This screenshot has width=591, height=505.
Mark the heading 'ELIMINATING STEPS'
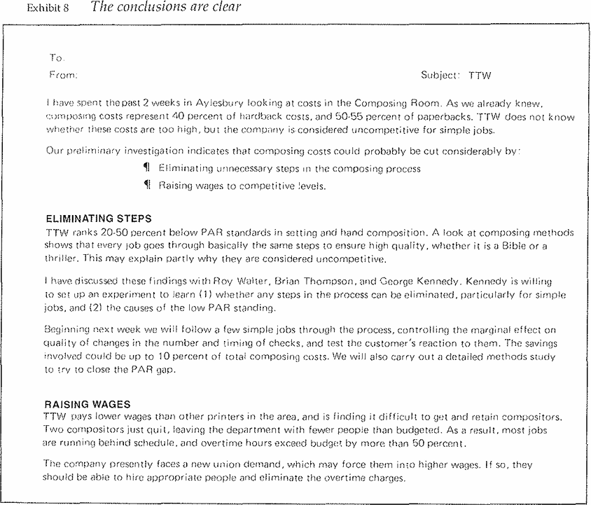pyautogui.click(x=98, y=219)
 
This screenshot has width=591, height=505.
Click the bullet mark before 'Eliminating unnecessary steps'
pyautogui.click(x=146, y=169)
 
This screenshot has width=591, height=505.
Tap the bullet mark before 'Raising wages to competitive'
pyautogui.click(x=146, y=186)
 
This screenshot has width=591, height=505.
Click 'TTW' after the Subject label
pyautogui.click(x=480, y=75)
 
